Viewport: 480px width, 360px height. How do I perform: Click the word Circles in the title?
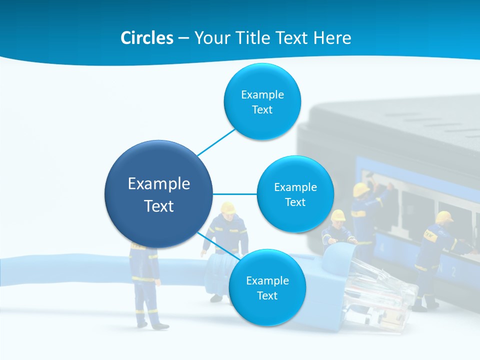pyautogui.click(x=146, y=38)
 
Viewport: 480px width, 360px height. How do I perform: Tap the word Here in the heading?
pyautogui.click(x=332, y=38)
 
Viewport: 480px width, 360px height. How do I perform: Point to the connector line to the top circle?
pyautogui.click(x=216, y=142)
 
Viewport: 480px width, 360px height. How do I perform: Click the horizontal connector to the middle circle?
pyautogui.click(x=235, y=194)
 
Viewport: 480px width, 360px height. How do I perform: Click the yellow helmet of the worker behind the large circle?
pyautogui.click(x=228, y=207)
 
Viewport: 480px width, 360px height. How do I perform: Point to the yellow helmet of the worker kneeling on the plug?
pyautogui.click(x=338, y=215)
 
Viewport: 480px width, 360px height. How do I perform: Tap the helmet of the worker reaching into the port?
pyautogui.click(x=361, y=189)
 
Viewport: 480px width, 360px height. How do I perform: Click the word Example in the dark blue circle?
pyautogui.click(x=158, y=184)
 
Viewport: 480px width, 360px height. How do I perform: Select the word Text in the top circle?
pyautogui.click(x=262, y=110)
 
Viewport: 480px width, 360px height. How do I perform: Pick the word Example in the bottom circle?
pyautogui.click(x=267, y=280)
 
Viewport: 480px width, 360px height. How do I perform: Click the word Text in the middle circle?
pyautogui.click(x=295, y=202)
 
